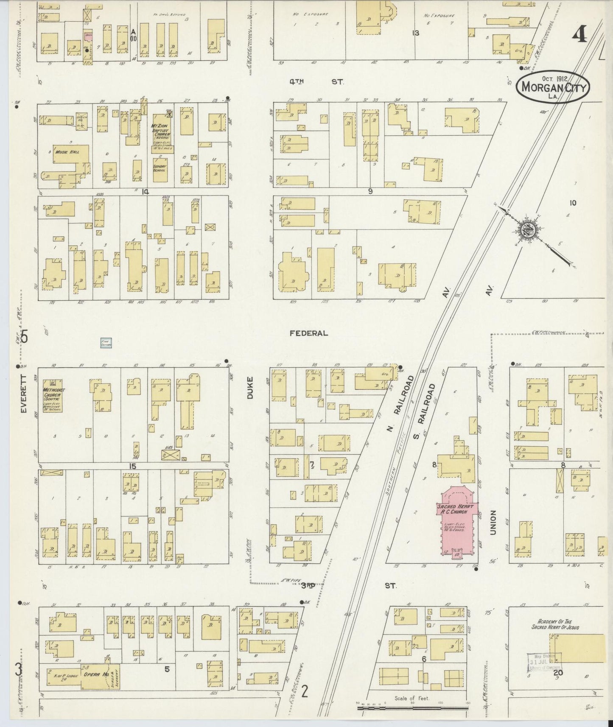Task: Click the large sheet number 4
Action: click(x=579, y=34)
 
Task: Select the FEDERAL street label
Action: click(x=309, y=333)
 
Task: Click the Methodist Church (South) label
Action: click(x=53, y=392)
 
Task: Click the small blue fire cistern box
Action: click(x=106, y=343)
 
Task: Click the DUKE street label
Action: click(x=250, y=388)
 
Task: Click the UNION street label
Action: click(x=493, y=522)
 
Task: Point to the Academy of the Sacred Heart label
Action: click(x=556, y=624)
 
